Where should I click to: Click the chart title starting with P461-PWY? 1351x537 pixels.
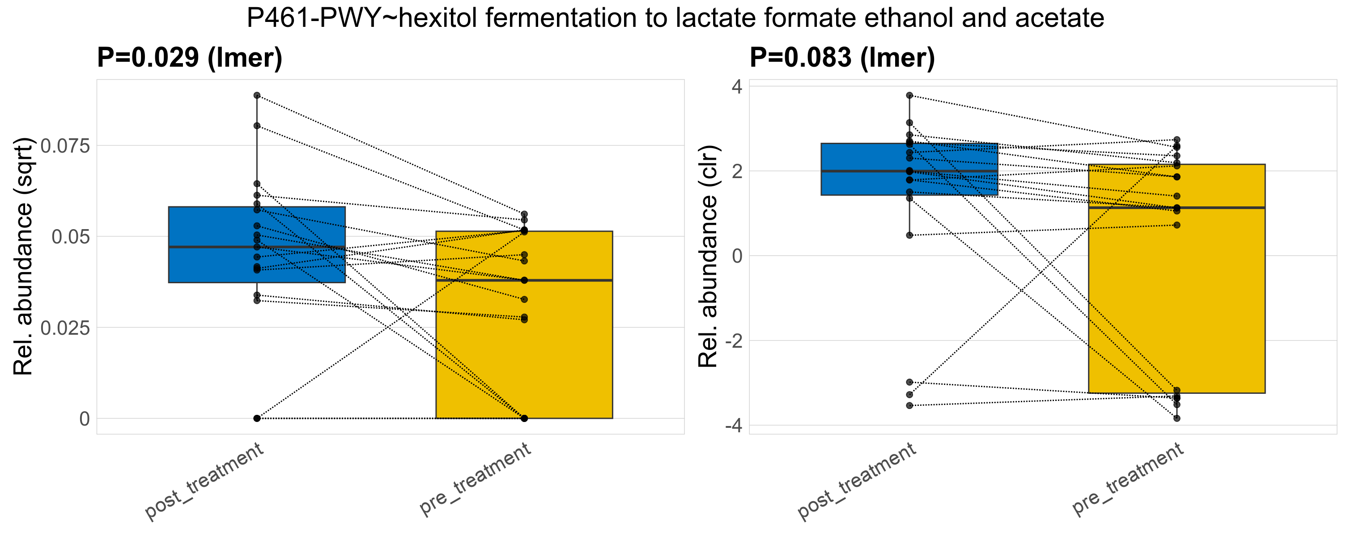(675, 18)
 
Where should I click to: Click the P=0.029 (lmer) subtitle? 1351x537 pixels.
(189, 57)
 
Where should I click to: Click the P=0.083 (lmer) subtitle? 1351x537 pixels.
(842, 57)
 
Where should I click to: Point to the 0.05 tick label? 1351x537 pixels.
(71, 237)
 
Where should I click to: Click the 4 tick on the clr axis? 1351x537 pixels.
(737, 86)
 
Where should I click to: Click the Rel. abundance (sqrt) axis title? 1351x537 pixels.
(23, 256)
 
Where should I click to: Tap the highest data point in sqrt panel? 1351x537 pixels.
(257, 95)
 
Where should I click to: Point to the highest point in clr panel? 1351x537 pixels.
(909, 95)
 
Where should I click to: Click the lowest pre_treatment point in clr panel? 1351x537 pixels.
(1177, 418)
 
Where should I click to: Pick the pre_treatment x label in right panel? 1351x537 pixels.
(1128, 478)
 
